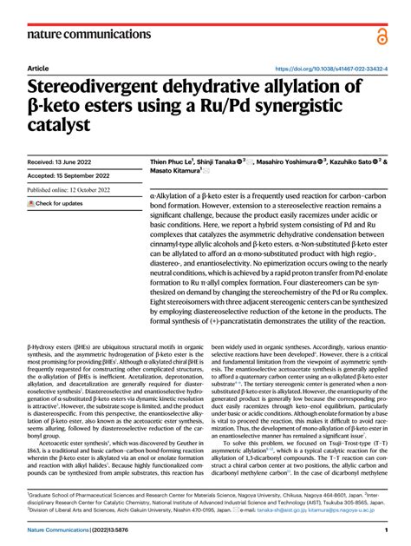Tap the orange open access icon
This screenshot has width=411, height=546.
pos(382,34)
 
